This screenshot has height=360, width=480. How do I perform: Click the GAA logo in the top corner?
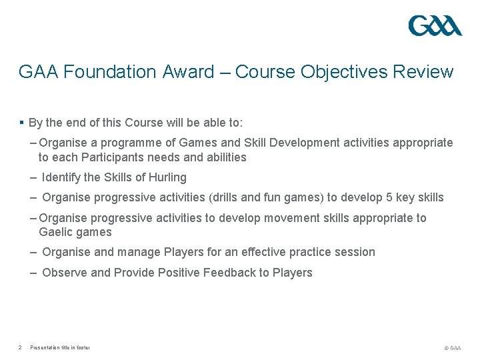(435, 26)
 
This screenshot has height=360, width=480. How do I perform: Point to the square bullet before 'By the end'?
(22, 123)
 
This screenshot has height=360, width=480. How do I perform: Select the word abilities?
(223, 157)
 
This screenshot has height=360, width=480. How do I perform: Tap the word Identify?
(62, 177)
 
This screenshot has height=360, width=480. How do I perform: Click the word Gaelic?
(56, 232)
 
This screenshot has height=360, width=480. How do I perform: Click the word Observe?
(64, 272)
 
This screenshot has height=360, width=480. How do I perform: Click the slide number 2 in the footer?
(21, 347)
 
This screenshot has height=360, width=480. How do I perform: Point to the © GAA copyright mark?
(452, 348)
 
